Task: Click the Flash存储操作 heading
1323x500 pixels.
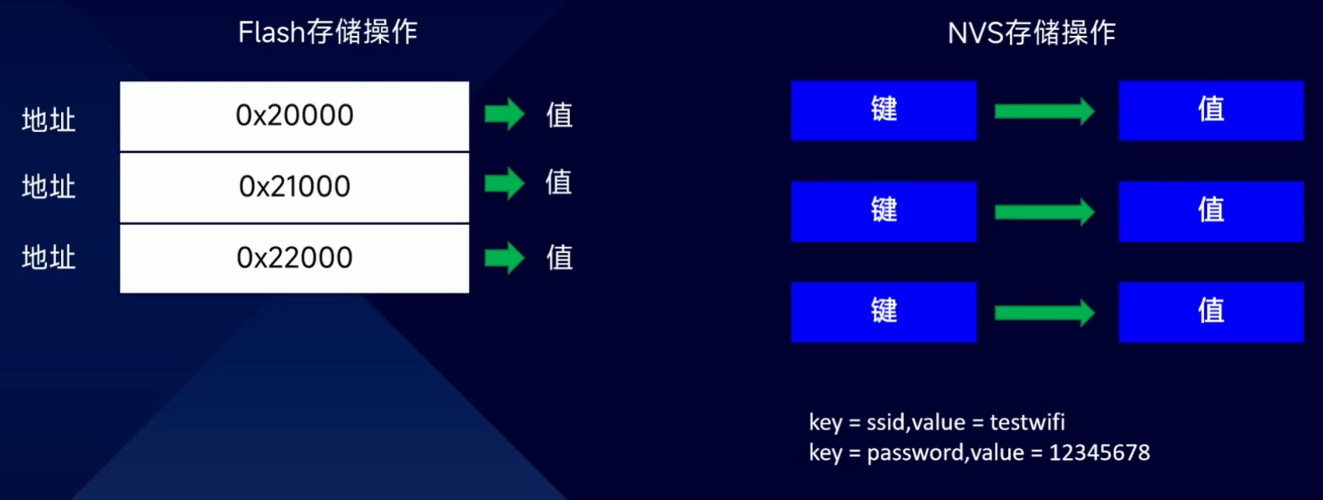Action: [x=328, y=32]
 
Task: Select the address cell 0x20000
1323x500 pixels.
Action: [x=294, y=115]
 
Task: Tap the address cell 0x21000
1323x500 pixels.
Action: [x=294, y=187]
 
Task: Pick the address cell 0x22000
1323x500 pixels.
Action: [x=294, y=258]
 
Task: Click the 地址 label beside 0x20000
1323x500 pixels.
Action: [x=49, y=120]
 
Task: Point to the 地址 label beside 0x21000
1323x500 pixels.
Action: [x=49, y=187]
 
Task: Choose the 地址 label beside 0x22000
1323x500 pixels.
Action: [x=49, y=258]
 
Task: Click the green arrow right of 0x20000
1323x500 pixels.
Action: [x=504, y=113]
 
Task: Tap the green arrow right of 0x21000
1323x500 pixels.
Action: [x=504, y=184]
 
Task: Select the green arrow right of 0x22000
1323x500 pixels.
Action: [x=504, y=257]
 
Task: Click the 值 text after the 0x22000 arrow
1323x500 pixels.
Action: [x=559, y=258]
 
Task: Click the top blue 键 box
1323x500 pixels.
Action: [x=883, y=111]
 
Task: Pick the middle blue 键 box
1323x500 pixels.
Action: [x=883, y=211]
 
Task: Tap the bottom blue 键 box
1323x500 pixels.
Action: [x=883, y=312]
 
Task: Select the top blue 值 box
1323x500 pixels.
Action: [x=1211, y=111]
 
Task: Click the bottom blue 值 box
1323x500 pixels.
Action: [x=1211, y=312]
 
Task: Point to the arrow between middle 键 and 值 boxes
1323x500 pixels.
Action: [x=1045, y=212]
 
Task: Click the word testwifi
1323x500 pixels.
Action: [x=1027, y=422]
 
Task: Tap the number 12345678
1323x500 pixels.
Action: [x=1099, y=453]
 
